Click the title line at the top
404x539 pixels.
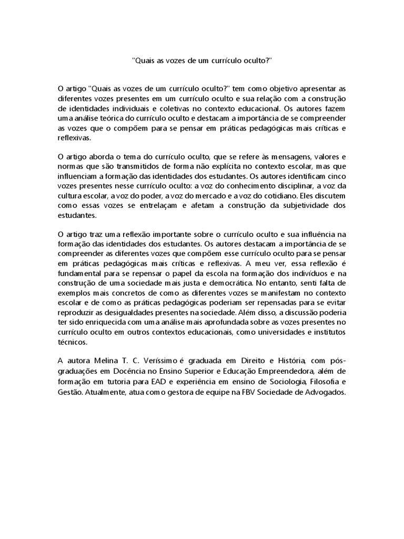pyautogui.click(x=202, y=61)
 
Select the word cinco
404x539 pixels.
pyautogui.click(x=335, y=176)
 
